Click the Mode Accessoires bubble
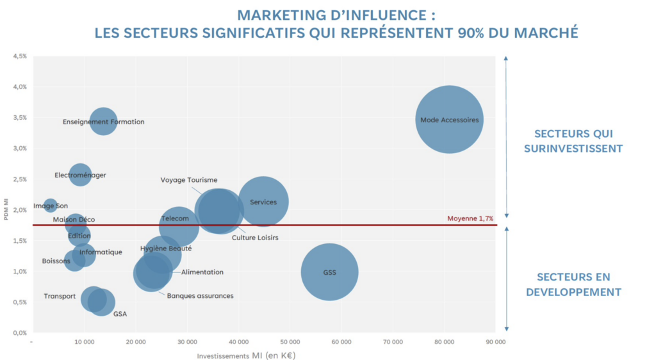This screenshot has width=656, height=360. click(448, 120)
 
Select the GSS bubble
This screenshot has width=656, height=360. click(329, 272)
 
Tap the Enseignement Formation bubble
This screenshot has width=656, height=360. click(103, 121)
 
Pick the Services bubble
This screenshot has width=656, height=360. click(263, 202)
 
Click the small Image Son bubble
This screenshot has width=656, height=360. click(50, 206)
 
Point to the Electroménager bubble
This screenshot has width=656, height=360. click(80, 175)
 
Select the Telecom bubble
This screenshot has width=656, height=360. click(178, 225)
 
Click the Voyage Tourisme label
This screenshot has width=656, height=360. click(189, 180)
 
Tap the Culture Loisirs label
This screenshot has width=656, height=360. click(255, 238)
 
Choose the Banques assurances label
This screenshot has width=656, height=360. click(200, 296)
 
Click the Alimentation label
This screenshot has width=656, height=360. click(202, 272)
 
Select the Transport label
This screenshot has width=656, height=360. click(60, 297)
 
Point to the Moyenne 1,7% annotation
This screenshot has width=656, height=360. click(470, 218)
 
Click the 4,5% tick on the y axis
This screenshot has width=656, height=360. click(19, 56)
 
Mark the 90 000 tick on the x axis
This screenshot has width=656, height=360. click(495, 343)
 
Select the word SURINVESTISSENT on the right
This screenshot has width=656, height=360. click(573, 149)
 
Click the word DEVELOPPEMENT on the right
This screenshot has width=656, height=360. click(573, 292)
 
